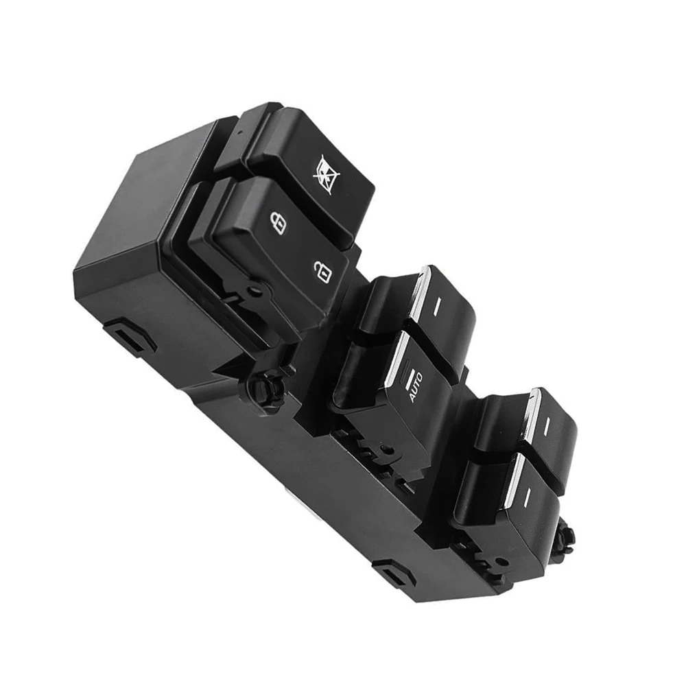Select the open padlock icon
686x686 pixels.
(322, 272)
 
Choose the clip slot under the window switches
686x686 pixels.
(391, 569)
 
